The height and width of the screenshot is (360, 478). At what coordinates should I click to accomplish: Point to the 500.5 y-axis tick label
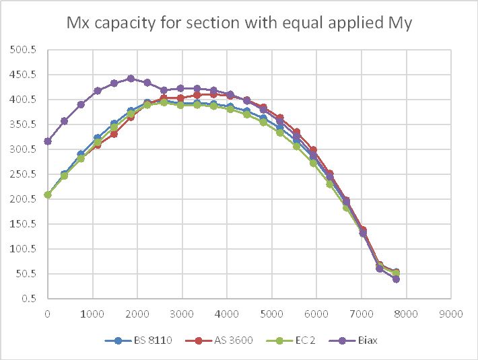[x=25, y=50]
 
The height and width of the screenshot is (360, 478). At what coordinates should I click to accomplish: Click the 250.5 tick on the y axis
[x=25, y=174]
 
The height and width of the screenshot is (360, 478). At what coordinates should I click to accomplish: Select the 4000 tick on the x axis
[x=227, y=313]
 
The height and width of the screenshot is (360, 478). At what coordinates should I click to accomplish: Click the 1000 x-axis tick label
[x=92, y=313]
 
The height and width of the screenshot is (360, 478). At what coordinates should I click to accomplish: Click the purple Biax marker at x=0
[x=48, y=141]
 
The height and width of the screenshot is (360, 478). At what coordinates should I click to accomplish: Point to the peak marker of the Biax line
[x=131, y=79]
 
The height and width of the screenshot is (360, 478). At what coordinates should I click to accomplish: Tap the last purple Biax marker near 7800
[x=396, y=279]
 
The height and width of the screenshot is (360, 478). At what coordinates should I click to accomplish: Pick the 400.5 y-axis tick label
[x=25, y=100]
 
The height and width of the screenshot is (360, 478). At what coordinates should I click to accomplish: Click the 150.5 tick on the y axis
[x=25, y=224]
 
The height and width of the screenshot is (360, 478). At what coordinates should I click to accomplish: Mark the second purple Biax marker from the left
[x=65, y=121]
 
